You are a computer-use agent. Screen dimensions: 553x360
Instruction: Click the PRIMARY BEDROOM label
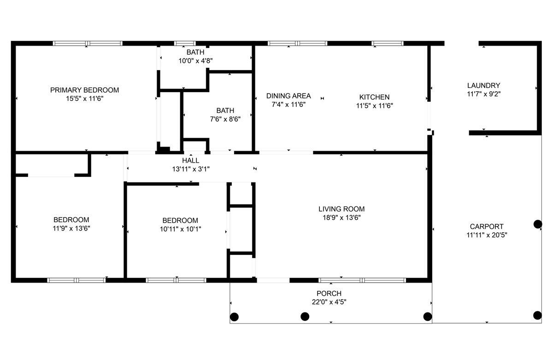point(84,90)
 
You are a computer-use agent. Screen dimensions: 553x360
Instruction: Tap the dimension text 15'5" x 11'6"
point(84,99)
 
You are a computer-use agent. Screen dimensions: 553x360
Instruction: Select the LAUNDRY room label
point(483,85)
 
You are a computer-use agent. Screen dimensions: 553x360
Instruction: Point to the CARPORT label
point(486,226)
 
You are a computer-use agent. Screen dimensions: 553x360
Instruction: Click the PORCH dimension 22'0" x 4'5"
point(329,302)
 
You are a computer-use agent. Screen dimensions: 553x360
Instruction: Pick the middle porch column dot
point(305,316)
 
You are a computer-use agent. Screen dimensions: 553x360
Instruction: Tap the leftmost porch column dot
point(234,317)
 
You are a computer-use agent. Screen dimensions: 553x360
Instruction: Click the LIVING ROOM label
point(341,209)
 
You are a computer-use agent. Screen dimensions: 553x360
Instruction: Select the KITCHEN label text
point(374,97)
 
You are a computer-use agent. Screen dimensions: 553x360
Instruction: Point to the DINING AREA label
point(288,96)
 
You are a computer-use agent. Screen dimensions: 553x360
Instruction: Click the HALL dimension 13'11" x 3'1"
point(191,169)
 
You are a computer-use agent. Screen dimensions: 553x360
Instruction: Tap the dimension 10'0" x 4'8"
point(195,61)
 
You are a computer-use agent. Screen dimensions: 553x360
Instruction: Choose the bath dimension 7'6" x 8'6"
point(225,119)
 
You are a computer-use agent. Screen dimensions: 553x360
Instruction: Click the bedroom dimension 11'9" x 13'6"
point(71,228)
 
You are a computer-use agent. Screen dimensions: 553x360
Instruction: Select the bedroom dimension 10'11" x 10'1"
point(180,229)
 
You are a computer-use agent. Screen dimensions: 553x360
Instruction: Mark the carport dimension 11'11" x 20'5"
point(487,235)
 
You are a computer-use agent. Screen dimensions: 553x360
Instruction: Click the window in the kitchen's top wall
point(388,43)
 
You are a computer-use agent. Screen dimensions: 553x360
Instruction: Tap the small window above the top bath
point(185,43)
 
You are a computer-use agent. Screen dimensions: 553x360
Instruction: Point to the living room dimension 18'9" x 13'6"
point(341,218)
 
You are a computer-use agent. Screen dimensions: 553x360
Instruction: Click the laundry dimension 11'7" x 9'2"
point(483,94)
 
